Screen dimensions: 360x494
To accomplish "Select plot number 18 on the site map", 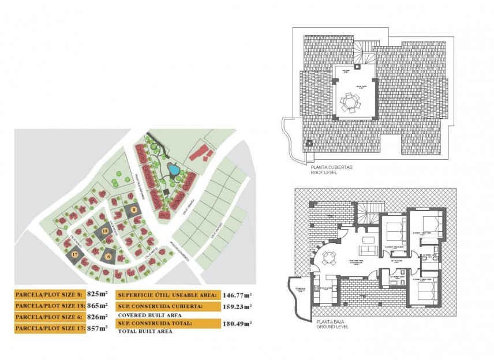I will click(104, 231).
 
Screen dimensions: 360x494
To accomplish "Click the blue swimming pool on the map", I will click(173, 170).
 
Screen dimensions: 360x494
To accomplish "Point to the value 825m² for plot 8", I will click(97, 294).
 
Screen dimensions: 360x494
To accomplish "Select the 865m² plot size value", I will click(97, 305).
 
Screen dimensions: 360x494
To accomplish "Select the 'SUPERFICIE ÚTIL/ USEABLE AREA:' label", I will click(167, 294).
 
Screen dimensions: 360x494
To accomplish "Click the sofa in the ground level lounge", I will click(367, 250).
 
